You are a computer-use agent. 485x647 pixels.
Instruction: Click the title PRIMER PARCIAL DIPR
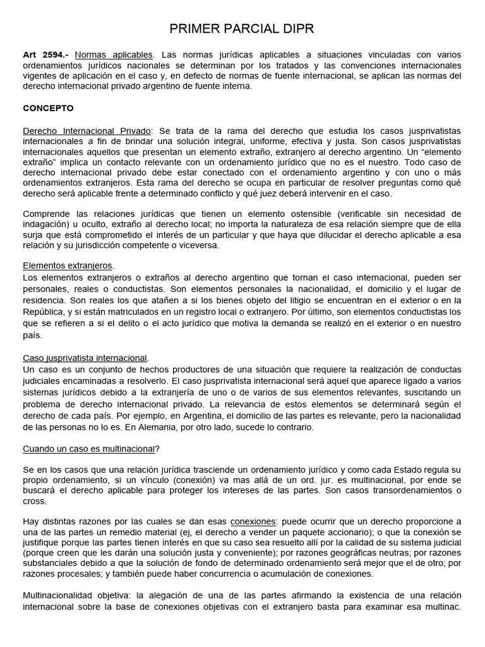pos(242,29)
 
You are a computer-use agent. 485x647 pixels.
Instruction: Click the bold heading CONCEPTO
pos(49,108)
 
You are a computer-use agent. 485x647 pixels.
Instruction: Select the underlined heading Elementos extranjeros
pos(68,266)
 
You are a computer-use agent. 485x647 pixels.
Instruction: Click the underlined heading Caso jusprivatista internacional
pos(85,358)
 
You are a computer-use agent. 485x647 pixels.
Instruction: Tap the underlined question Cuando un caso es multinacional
pos(88,449)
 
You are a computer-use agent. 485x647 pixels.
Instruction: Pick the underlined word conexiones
pos(253,522)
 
